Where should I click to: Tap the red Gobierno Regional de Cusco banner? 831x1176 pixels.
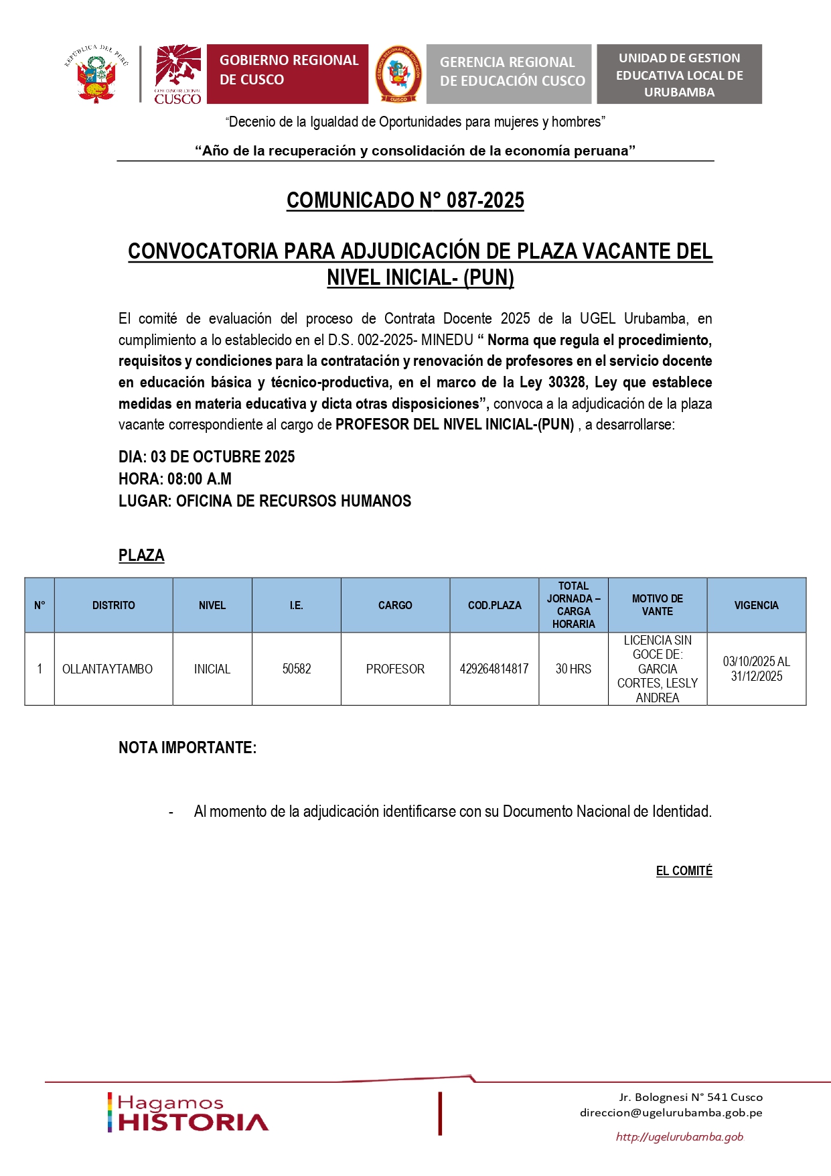(x=287, y=74)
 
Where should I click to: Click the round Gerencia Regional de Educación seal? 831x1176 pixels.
(x=398, y=74)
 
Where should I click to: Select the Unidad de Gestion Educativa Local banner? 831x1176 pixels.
(x=679, y=74)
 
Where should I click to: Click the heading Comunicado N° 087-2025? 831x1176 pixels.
(x=405, y=200)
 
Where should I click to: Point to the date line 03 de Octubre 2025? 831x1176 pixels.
(x=207, y=457)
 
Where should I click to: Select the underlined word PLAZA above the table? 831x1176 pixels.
(x=141, y=556)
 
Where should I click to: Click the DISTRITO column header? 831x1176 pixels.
(x=113, y=605)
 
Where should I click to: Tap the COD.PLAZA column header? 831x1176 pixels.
(x=494, y=605)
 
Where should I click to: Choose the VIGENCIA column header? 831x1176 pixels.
(x=756, y=605)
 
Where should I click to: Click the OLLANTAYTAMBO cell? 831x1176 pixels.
(x=107, y=669)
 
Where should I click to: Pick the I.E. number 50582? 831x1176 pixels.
(x=297, y=669)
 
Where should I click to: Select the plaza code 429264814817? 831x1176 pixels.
(x=494, y=669)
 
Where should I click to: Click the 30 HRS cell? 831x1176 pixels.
(x=573, y=669)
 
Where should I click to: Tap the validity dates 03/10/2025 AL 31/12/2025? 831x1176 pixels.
(x=757, y=669)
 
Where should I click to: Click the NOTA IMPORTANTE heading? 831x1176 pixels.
(x=187, y=748)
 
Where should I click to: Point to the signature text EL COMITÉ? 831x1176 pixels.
(x=684, y=871)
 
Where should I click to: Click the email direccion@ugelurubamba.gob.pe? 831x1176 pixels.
(x=671, y=1113)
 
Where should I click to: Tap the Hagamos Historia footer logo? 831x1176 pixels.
(x=188, y=1113)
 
